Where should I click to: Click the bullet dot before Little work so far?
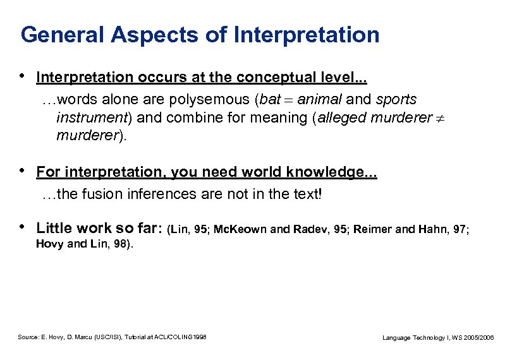point(23,226)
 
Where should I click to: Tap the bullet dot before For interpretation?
point(23,171)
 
